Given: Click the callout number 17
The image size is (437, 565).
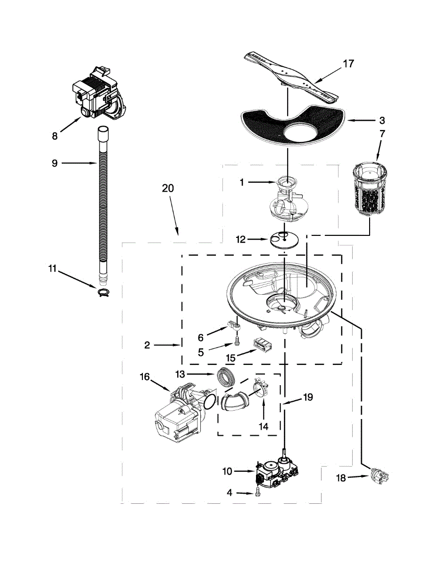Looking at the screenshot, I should coord(348,64).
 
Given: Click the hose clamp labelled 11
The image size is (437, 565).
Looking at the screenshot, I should coord(103,293).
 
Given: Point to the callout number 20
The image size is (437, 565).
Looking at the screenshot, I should coord(168,188).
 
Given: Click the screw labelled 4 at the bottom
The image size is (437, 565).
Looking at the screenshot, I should coord(257,492).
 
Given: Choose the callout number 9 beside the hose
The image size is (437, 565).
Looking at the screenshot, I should coord(54,163).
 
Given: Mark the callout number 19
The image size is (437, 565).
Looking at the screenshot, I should coord(307,397).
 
